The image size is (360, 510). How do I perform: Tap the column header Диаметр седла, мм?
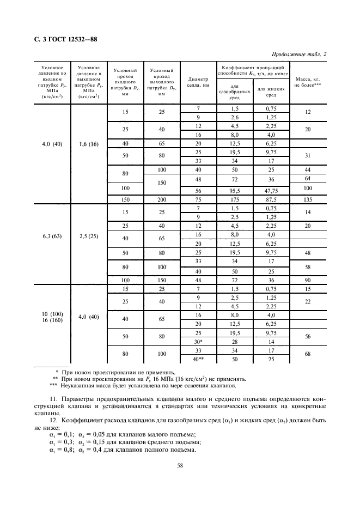point(198,82)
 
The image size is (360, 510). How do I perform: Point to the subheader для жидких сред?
point(271,92)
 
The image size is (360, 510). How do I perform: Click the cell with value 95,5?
point(235,191)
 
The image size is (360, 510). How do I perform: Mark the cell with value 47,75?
point(271,191)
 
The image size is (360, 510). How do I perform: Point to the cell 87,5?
point(271,199)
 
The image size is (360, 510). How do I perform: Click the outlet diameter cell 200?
point(161,199)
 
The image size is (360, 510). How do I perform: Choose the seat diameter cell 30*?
point(198,342)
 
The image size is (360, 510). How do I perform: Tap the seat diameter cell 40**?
point(198,359)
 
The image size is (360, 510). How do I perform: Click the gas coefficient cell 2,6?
point(235,117)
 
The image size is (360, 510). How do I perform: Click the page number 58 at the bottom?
point(179,465)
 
